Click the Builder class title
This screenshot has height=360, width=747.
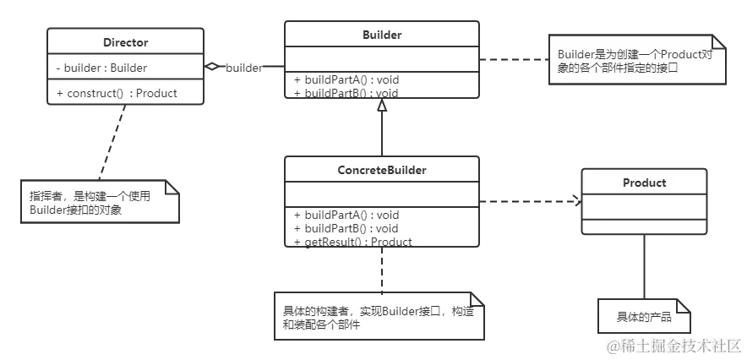click(x=381, y=35)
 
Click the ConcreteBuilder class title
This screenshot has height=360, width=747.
click(x=381, y=170)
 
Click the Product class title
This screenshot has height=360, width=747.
click(x=644, y=183)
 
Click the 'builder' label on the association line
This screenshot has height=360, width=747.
click(x=243, y=68)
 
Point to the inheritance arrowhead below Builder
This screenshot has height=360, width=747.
click(x=382, y=106)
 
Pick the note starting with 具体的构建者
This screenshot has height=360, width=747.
click(x=377, y=318)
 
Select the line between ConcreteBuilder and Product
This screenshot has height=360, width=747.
click(x=528, y=200)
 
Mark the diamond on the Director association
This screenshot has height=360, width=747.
click(x=211, y=65)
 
